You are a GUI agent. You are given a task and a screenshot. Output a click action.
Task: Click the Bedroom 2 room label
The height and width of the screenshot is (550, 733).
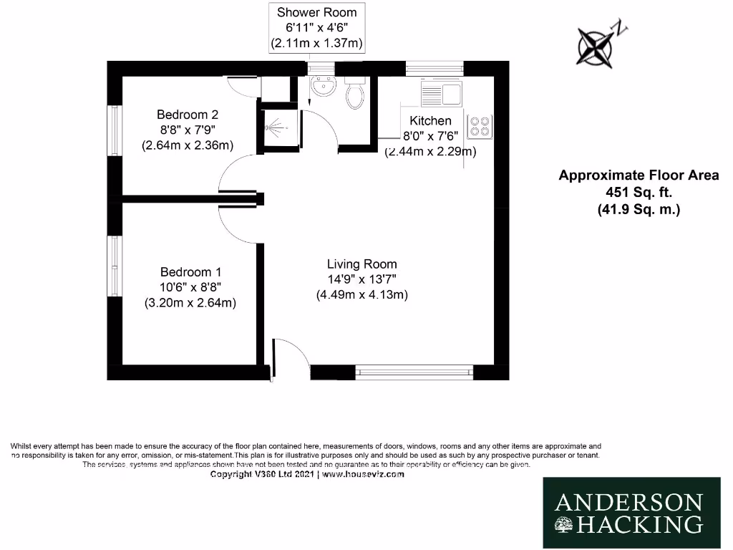(188, 115)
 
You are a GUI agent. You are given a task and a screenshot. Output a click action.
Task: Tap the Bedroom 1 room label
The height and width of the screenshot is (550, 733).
(190, 272)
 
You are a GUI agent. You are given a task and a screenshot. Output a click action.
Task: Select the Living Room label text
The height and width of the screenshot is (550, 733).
(361, 264)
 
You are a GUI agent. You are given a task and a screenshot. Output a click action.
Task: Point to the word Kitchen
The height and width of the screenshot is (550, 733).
(430, 120)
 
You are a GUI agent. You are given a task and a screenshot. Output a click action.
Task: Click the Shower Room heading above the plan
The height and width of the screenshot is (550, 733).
(316, 12)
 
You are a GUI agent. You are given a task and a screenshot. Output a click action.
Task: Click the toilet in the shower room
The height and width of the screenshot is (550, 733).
(354, 94)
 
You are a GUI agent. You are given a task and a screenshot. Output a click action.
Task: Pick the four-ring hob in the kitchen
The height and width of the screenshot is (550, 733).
(479, 127)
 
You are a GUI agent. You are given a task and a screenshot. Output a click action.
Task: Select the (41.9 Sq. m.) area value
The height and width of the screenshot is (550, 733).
(639, 210)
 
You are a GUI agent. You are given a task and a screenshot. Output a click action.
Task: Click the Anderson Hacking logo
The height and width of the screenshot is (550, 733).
(629, 513)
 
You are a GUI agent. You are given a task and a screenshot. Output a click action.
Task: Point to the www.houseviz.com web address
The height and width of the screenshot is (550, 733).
(364, 474)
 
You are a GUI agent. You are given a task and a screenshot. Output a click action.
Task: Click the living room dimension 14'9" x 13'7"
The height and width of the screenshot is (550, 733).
(361, 279)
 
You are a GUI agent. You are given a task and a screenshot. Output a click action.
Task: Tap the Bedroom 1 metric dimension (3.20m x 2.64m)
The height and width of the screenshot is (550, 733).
(190, 302)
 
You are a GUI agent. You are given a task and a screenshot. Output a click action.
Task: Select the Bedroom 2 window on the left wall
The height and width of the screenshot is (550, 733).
(113, 130)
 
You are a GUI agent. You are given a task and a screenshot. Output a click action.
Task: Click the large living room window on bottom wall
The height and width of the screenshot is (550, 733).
(414, 372)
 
